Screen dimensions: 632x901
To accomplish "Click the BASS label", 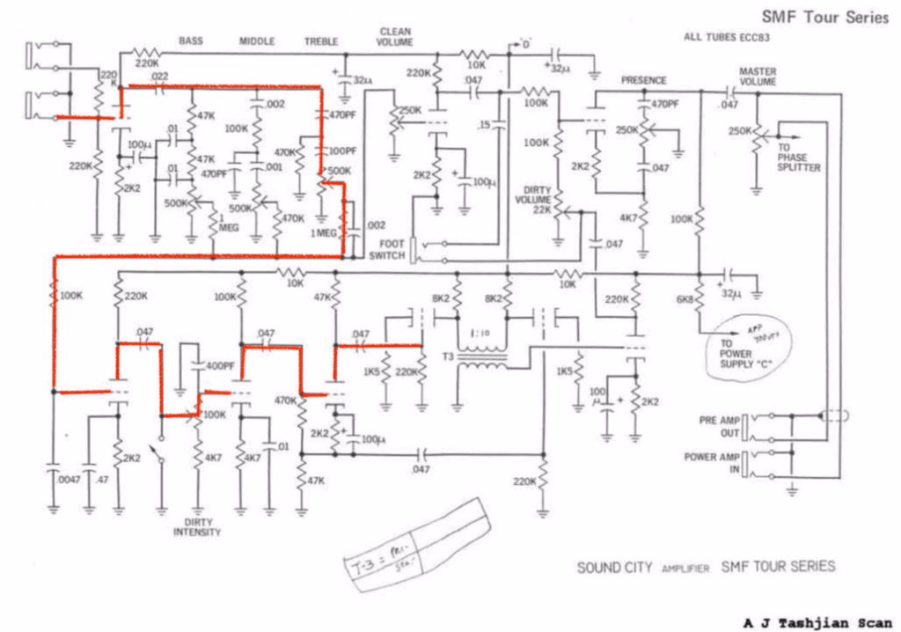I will point(191,40).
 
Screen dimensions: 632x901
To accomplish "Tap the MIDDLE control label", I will point(257,41).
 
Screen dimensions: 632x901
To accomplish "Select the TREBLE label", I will point(321,41).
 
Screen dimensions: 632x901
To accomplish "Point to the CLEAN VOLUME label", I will point(394,36).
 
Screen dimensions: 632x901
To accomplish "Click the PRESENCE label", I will point(643,80).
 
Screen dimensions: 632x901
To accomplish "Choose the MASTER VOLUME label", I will point(758,76).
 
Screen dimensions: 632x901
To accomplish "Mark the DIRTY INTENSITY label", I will point(197,526).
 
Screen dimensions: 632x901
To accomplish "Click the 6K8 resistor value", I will point(685,300).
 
